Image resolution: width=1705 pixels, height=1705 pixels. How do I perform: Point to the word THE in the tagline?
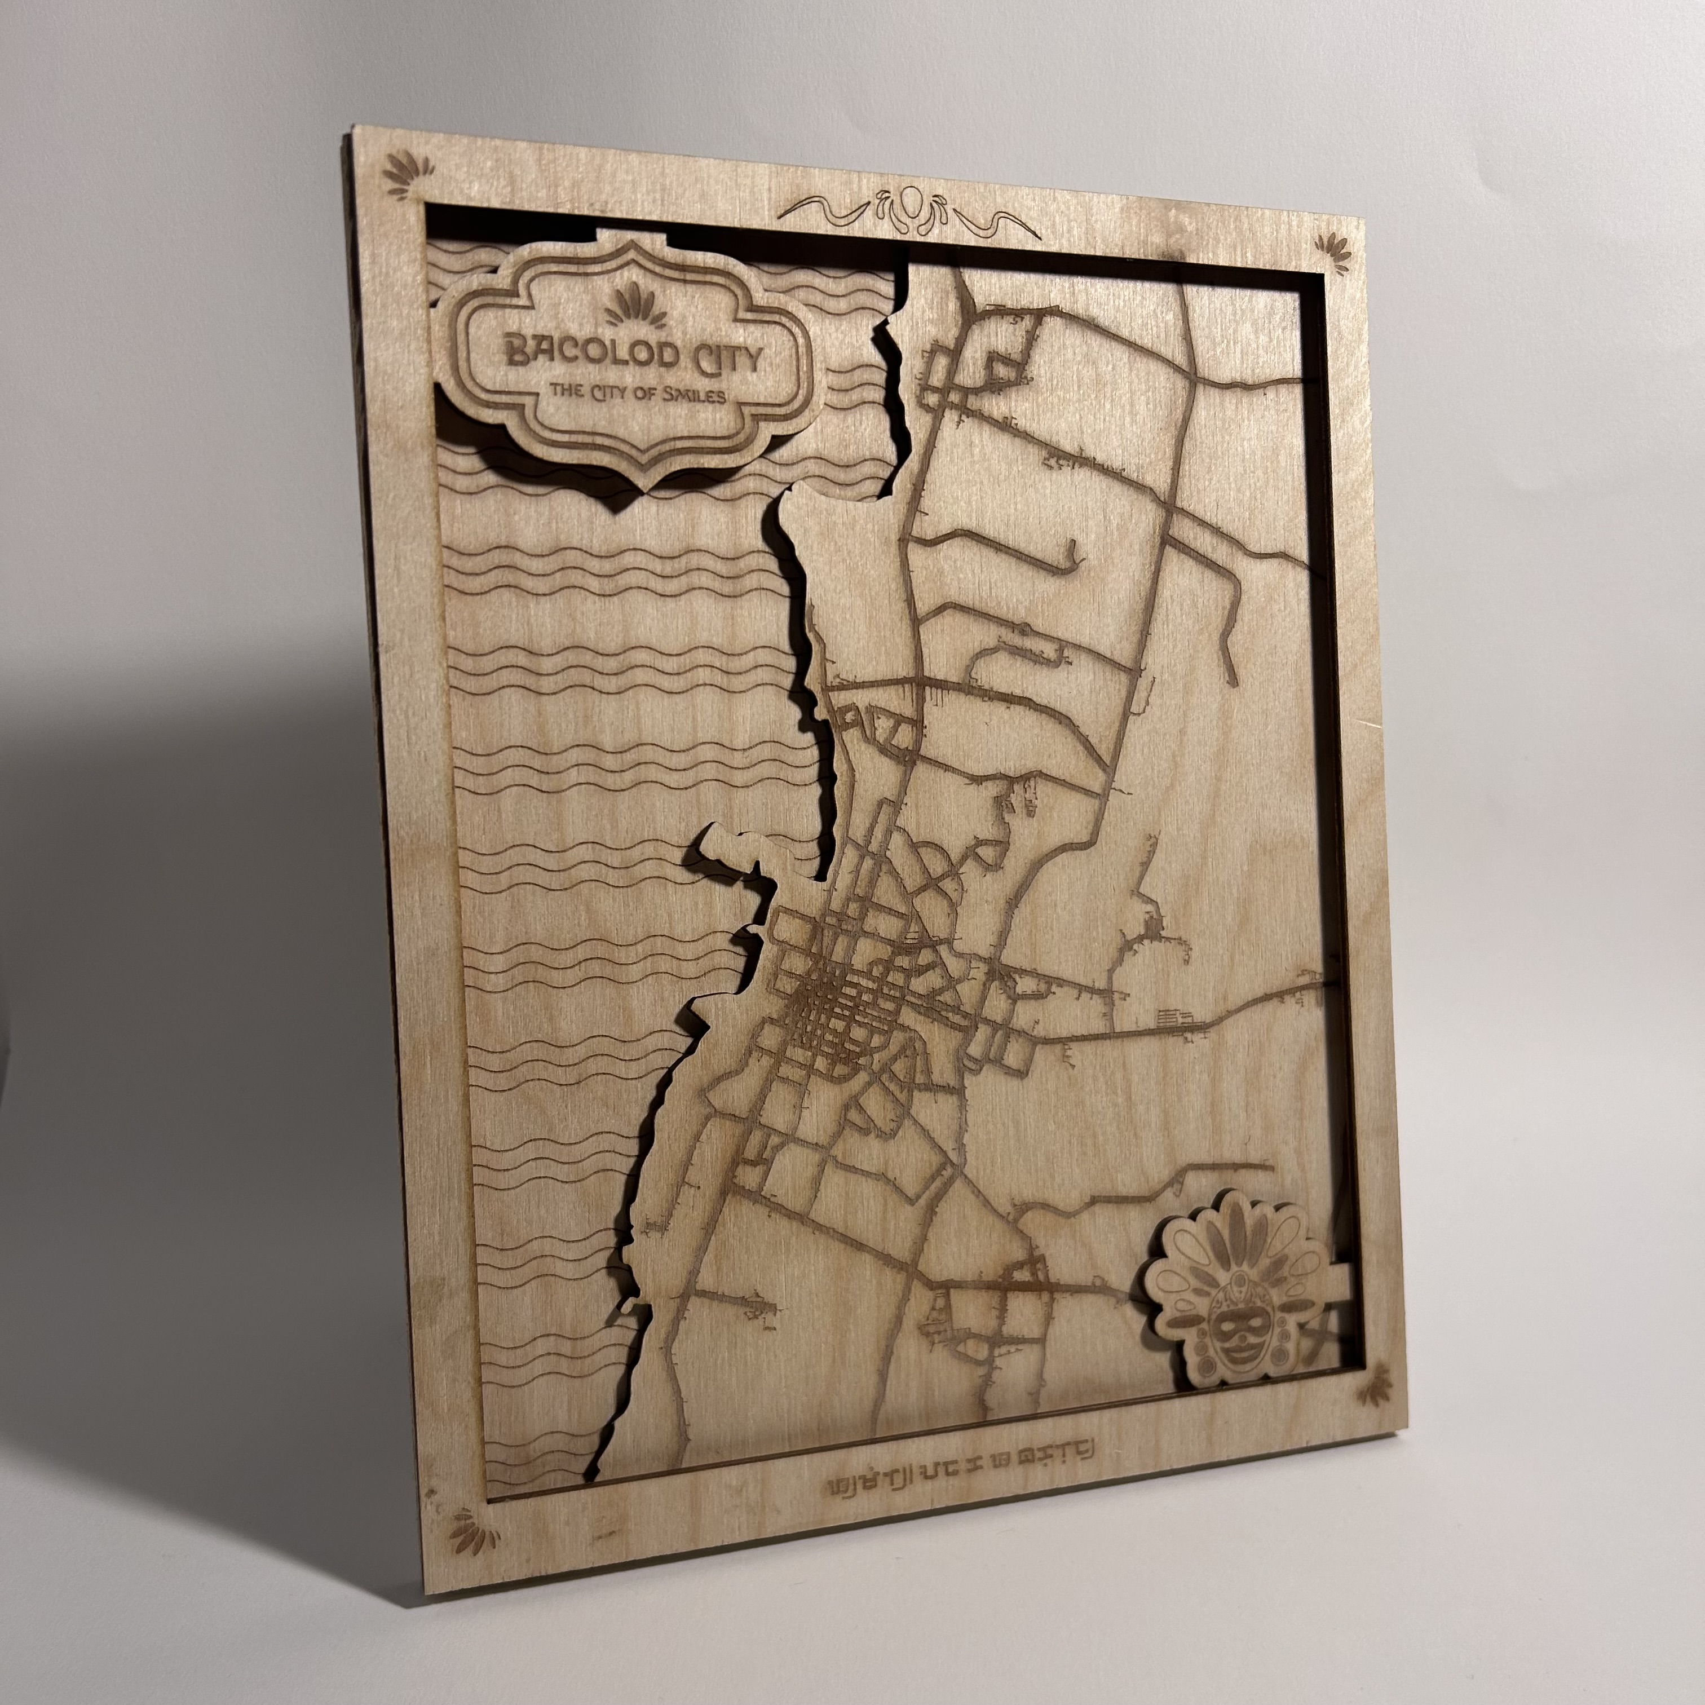[x=567, y=388]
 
